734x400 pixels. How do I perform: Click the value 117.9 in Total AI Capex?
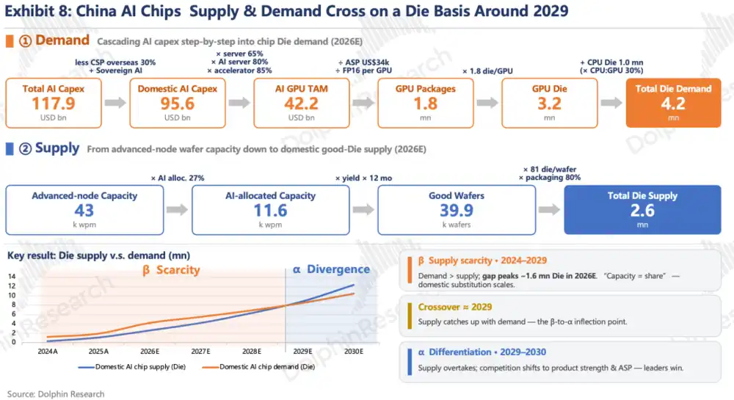(54, 103)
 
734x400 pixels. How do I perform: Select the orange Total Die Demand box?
(673, 103)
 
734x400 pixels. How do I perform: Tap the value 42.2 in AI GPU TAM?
(302, 103)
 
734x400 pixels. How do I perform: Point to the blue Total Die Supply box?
(642, 210)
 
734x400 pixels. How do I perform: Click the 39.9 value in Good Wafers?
(457, 211)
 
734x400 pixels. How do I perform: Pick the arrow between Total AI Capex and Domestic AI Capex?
(115, 103)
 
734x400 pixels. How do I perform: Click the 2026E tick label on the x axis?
(150, 352)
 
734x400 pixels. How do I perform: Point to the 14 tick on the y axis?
(12, 277)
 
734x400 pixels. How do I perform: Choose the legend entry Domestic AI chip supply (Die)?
(132, 367)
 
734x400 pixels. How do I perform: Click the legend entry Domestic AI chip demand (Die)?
(258, 367)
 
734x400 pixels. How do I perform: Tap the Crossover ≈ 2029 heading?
(454, 307)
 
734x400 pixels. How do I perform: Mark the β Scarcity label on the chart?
(171, 270)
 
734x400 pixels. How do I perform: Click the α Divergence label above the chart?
(332, 269)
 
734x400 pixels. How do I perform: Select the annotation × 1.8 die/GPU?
(487, 71)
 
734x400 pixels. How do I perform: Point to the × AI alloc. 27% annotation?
(178, 178)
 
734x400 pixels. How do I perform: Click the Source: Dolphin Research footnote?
(56, 394)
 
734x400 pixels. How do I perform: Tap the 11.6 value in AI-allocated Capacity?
(271, 211)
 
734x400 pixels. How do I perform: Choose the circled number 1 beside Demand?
(25, 41)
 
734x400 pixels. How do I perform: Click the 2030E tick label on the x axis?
(354, 352)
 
